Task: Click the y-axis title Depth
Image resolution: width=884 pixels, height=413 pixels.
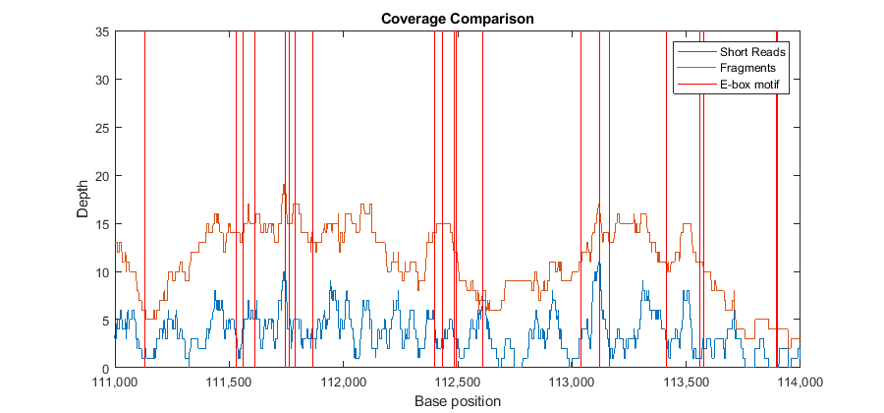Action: (x=83, y=200)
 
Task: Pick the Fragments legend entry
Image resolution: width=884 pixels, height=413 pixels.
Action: (x=747, y=68)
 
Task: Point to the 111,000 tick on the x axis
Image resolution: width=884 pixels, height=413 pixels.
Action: (x=115, y=381)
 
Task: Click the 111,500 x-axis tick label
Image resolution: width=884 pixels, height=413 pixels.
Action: (x=229, y=381)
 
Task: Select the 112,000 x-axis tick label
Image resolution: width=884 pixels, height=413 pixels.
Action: (x=343, y=381)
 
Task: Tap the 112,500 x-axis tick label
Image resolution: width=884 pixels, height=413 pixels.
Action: (x=457, y=381)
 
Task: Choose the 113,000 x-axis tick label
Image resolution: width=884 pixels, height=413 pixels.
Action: (x=571, y=381)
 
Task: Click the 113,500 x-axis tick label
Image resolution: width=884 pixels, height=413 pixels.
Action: (x=685, y=381)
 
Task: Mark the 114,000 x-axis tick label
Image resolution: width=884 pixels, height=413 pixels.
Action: (x=799, y=381)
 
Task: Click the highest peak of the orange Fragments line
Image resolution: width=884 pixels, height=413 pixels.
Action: (x=284, y=185)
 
